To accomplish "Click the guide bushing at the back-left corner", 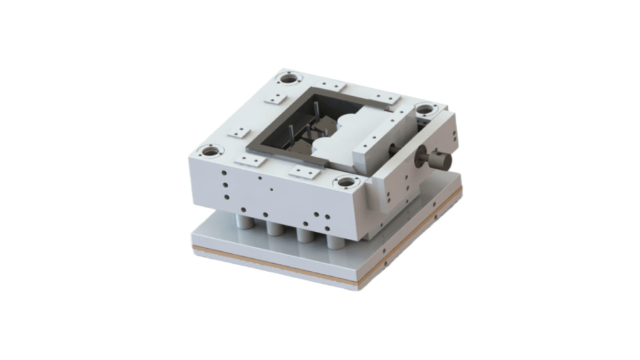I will [288, 79].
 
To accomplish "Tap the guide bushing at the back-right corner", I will [424, 109].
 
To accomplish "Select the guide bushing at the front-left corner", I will [211, 151].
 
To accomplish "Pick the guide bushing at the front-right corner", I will [346, 182].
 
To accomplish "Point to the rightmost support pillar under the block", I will [336, 240].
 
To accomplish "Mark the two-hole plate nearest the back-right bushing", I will [386, 98].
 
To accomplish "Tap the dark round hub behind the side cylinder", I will [394, 150].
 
